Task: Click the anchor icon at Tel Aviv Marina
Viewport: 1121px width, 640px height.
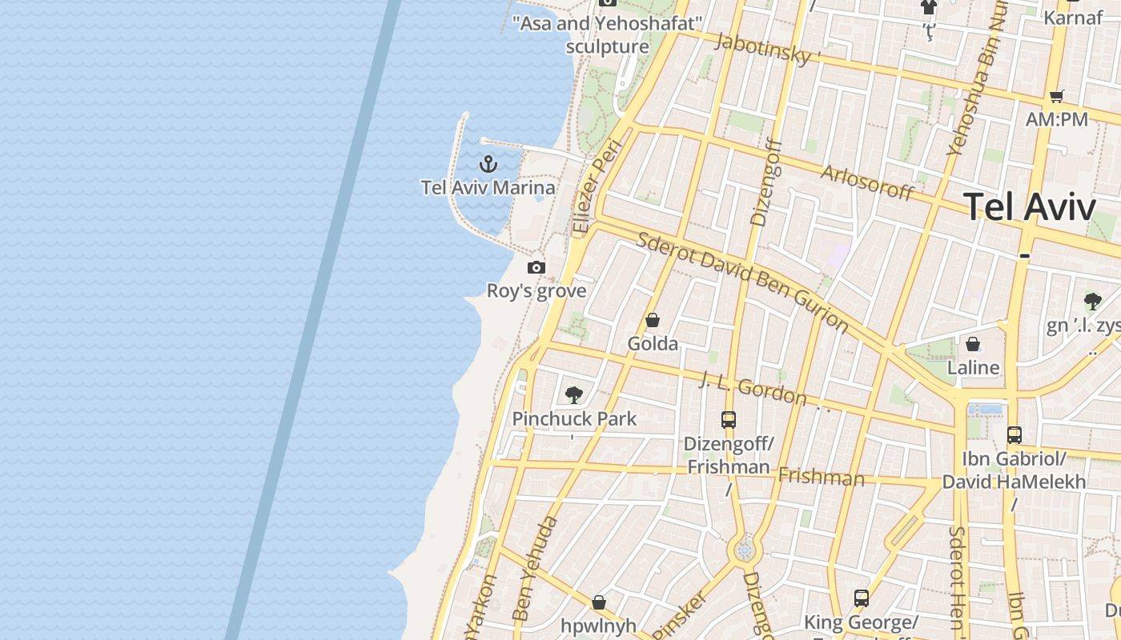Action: [488, 165]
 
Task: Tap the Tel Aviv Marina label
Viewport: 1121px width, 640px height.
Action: [488, 188]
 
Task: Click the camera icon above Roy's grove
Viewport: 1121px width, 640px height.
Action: [536, 268]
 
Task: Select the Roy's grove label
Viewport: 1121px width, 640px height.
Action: [536, 291]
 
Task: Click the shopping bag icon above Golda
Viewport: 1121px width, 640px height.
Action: [653, 321]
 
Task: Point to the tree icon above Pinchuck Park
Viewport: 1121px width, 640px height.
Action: [573, 394]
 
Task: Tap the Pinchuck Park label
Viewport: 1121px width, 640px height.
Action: [574, 418]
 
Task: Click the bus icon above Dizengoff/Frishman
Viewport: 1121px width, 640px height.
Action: [728, 420]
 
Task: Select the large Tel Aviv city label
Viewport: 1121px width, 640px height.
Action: [1029, 207]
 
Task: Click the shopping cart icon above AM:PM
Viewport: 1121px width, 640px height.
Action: [1057, 96]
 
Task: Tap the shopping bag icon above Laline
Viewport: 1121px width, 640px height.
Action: [973, 345]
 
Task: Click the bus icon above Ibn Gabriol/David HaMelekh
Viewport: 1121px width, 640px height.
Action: [1014, 435]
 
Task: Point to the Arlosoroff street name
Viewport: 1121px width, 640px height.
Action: [867, 183]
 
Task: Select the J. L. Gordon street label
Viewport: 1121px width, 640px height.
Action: [753, 387]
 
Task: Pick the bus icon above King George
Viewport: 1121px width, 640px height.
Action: [861, 598]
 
